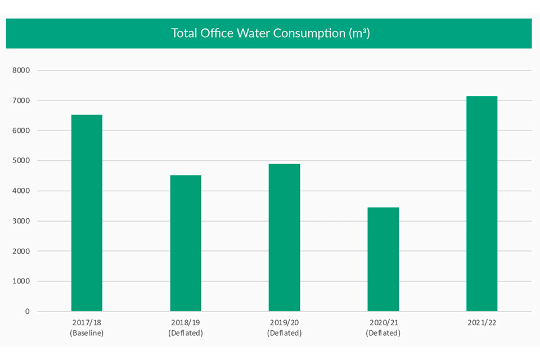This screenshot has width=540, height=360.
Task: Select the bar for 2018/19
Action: click(x=186, y=243)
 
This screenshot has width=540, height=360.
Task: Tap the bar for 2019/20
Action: click(x=284, y=237)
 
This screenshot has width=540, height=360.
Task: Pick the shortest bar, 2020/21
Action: click(x=383, y=259)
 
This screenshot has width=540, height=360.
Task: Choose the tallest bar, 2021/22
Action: click(x=481, y=204)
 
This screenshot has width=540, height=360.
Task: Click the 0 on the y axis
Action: click(x=27, y=311)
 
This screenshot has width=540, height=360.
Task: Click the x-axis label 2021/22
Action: click(x=481, y=323)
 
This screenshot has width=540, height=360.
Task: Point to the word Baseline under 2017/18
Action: click(x=87, y=333)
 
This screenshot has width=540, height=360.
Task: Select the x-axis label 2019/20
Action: click(x=284, y=323)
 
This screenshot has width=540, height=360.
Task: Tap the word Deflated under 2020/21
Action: click(x=383, y=333)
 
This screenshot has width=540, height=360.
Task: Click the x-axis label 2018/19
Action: click(x=186, y=323)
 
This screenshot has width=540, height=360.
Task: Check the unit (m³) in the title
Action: click(x=359, y=33)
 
